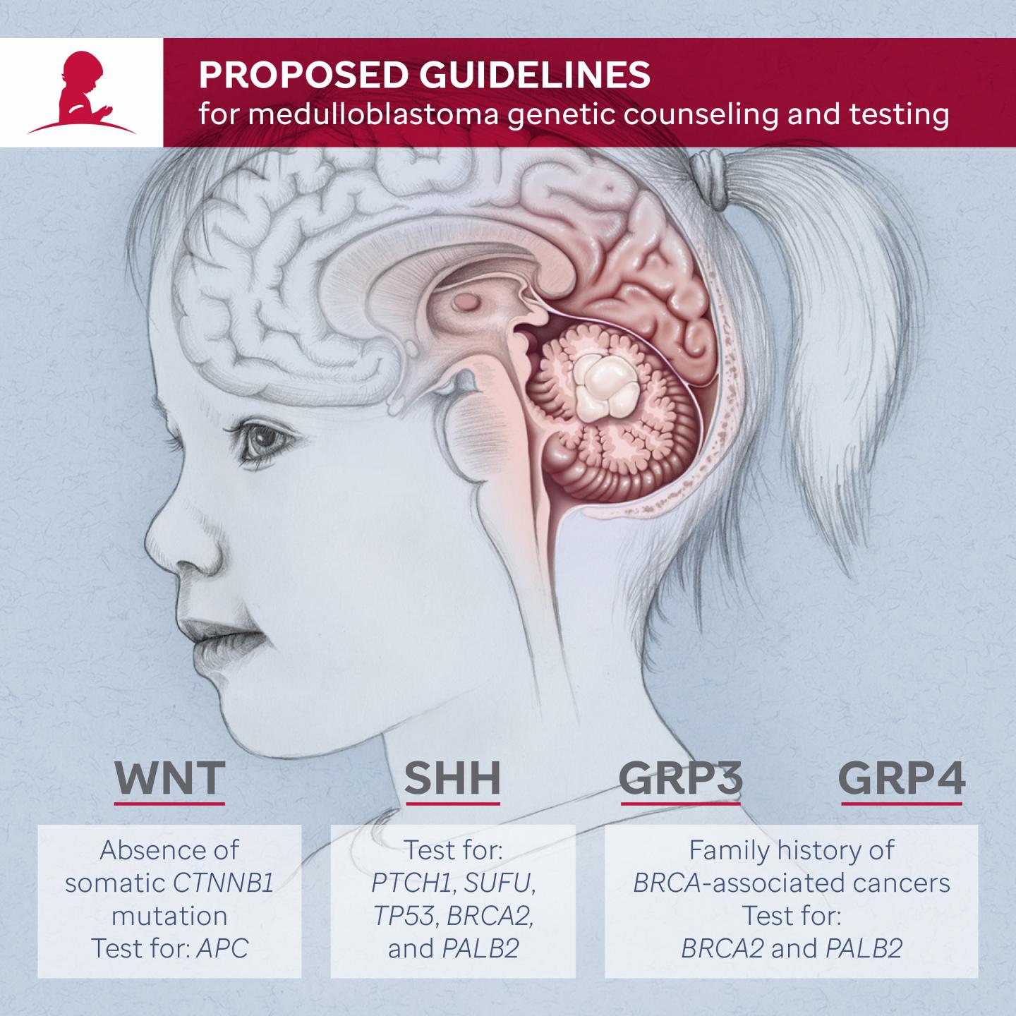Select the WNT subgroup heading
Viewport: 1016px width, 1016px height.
coord(169,778)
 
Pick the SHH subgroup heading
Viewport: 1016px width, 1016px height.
coord(452,778)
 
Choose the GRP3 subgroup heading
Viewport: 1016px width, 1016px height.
coord(681,778)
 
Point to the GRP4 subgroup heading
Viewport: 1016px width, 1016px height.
coord(902,778)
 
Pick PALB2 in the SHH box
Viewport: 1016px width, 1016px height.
coord(480,948)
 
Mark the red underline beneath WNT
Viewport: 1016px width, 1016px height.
coord(169,803)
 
